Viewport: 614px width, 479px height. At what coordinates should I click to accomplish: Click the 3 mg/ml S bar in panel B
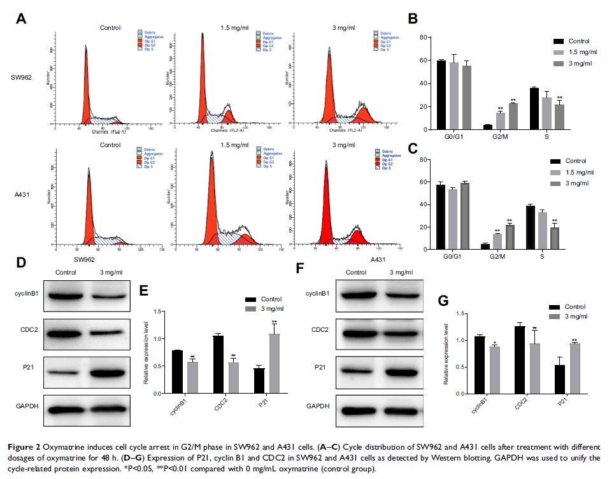pyautogui.click(x=559, y=118)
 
